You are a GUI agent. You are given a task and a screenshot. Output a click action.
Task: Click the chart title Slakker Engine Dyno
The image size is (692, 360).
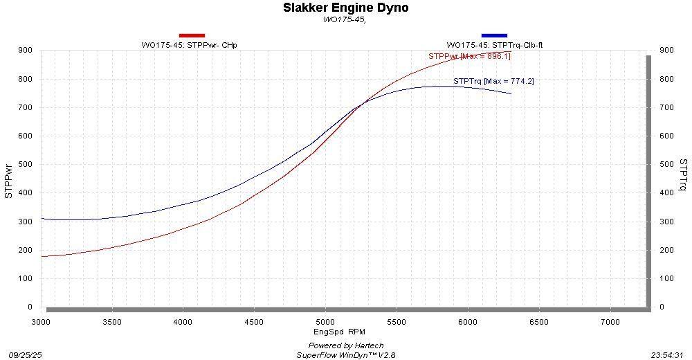coord(345,8)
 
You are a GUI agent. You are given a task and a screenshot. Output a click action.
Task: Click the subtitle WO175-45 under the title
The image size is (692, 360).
coord(345,19)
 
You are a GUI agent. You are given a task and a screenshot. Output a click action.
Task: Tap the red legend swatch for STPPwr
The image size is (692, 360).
coord(192,35)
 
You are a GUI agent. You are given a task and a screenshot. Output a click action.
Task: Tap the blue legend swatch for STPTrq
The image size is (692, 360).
coord(494,35)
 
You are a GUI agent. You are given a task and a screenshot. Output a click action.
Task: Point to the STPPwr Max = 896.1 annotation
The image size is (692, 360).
coord(469,56)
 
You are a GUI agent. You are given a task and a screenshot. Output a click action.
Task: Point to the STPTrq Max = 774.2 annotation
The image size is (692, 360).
coord(493,81)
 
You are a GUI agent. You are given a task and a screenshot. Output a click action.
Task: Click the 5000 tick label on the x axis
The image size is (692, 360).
coord(325,322)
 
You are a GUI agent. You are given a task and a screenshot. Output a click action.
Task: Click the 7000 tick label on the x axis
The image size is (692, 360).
coord(610,322)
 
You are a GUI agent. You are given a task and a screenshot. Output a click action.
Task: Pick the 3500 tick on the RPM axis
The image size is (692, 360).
coord(112,322)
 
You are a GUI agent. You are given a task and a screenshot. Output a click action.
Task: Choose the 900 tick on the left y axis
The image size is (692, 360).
coord(25,50)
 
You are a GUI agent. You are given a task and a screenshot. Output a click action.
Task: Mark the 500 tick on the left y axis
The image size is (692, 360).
coord(25,164)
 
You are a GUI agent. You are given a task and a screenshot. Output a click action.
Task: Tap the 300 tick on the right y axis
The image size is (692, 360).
coord(667,222)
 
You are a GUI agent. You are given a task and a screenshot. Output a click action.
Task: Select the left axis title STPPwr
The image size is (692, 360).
coord(9,179)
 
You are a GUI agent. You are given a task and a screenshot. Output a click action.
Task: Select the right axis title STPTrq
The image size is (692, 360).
coord(683,174)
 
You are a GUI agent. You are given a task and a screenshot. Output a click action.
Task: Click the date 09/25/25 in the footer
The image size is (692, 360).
coord(26,354)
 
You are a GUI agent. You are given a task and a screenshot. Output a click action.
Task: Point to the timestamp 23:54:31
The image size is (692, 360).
coord(667,354)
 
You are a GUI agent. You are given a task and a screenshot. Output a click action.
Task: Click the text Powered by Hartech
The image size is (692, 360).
coord(346,345)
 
